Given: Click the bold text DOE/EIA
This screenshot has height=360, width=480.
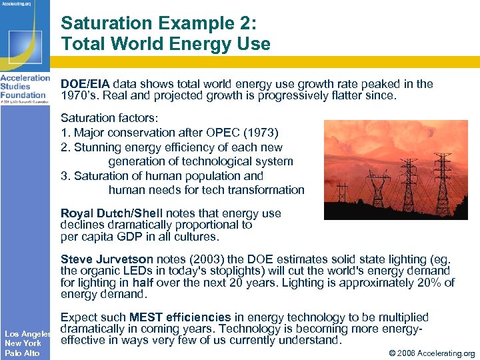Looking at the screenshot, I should tap(85, 84).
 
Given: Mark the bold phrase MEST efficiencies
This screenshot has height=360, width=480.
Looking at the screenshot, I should tap(179, 317).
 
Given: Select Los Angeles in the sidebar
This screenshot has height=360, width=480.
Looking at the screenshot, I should tap(28, 333).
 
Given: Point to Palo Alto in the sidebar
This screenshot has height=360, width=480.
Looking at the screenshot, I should tap(23, 353).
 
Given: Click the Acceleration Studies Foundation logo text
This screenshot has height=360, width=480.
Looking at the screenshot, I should tap(25, 86).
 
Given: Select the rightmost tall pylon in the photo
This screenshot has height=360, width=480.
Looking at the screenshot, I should tap(442, 180).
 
